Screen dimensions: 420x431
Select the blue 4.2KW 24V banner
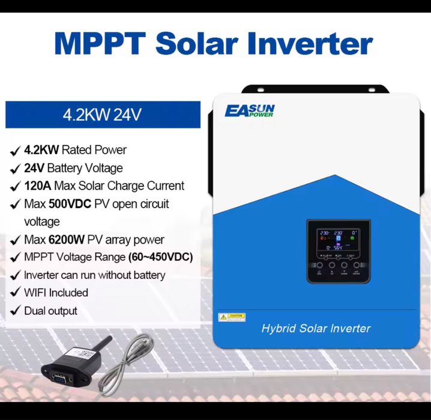pos(103,115)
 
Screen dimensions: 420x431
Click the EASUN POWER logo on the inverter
pos(250,110)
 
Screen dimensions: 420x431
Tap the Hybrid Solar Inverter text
pos(316,328)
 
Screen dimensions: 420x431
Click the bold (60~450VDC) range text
pos(160,257)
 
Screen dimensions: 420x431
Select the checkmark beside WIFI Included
pos(14,293)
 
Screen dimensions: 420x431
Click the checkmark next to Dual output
pos(14,311)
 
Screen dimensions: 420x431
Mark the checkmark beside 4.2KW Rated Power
pos(14,151)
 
